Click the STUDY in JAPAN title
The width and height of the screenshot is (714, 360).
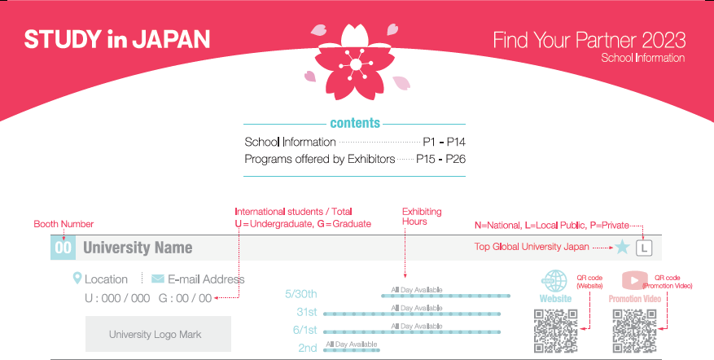(117, 39)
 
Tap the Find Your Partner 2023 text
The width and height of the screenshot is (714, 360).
(589, 40)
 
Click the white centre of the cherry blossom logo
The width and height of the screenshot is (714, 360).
(356, 64)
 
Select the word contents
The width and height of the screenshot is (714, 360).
(355, 123)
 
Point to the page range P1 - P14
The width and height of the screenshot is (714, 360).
(444, 143)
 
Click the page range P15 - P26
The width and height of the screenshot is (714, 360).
(440, 159)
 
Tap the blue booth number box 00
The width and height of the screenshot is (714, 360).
(63, 248)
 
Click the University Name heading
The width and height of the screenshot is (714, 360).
(138, 248)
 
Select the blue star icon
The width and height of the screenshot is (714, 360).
(622, 247)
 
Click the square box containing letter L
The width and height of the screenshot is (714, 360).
(644, 248)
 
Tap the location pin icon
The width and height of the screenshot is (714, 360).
(77, 278)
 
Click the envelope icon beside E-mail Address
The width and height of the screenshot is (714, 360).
(158, 279)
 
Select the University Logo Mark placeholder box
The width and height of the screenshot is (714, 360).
(158, 334)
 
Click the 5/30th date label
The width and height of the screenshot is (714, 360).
(301, 294)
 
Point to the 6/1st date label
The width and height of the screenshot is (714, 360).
(304, 330)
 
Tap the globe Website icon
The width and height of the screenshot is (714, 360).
(555, 281)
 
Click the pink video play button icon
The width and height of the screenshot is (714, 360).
(634, 280)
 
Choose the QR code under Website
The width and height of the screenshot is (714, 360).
(555, 331)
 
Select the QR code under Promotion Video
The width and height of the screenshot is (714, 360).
(634, 331)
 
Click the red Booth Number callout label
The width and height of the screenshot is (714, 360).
(64, 224)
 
